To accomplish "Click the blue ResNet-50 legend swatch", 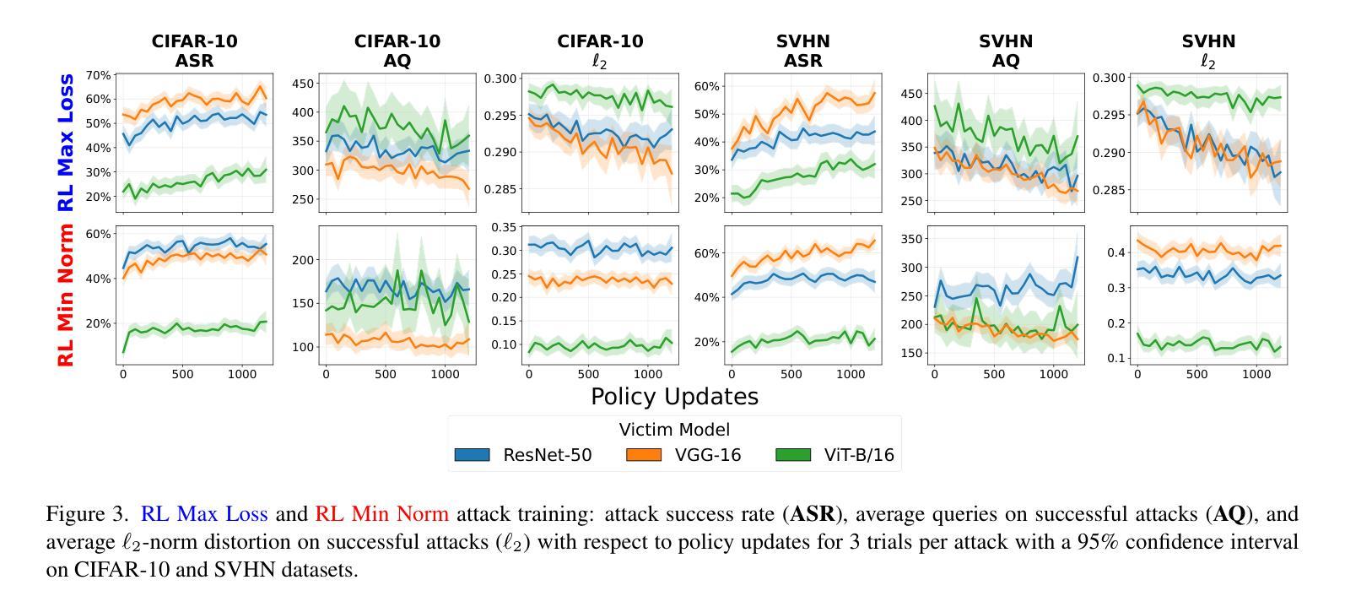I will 472,455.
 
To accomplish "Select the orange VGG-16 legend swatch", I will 644,455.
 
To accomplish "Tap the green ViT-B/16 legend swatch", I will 793,455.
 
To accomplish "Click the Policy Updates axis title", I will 674,397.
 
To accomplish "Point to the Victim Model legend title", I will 674,429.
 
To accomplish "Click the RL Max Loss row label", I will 66,142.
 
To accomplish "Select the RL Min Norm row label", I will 66,295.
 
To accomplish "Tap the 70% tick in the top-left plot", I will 98,75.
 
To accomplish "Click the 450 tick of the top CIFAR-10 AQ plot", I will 305,84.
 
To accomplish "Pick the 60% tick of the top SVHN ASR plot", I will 706,86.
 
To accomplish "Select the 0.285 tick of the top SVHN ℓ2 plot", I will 1109,190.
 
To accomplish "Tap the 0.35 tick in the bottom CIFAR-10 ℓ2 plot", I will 504,227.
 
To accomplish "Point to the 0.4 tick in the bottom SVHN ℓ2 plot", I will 1115,252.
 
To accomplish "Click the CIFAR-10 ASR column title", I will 194,51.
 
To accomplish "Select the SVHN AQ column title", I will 1005,51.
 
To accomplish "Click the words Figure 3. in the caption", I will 88,514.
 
